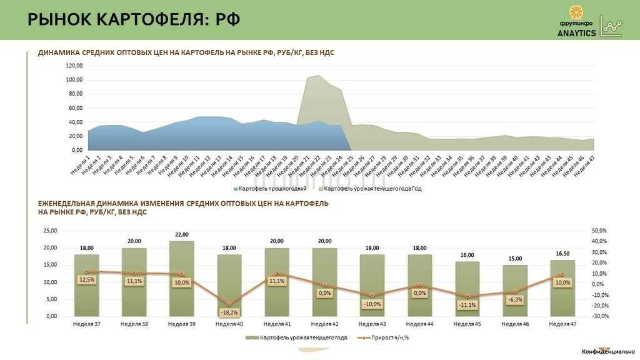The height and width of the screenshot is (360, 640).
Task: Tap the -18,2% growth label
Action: (x=229, y=312)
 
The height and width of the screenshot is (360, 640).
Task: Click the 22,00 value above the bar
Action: (x=181, y=234)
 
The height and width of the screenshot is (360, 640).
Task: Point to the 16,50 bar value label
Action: (x=562, y=253)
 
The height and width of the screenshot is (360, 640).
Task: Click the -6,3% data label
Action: (x=515, y=300)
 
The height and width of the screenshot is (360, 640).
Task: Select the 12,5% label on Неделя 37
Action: (x=87, y=279)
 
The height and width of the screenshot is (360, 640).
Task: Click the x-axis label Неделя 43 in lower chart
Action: (x=372, y=324)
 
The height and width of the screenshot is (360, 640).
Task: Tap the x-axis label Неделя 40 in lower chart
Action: (x=229, y=324)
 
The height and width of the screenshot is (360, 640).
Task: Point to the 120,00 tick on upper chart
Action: (x=74, y=66)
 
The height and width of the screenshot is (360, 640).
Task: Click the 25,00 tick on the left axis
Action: (x=49, y=231)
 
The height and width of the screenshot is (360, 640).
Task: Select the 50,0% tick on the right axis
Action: (x=599, y=231)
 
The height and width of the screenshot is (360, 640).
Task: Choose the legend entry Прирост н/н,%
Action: (x=386, y=338)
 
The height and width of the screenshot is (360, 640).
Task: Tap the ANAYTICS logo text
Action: (x=577, y=34)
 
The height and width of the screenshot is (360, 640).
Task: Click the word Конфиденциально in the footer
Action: (x=608, y=351)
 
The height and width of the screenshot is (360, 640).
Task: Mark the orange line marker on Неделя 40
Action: (x=229, y=304)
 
